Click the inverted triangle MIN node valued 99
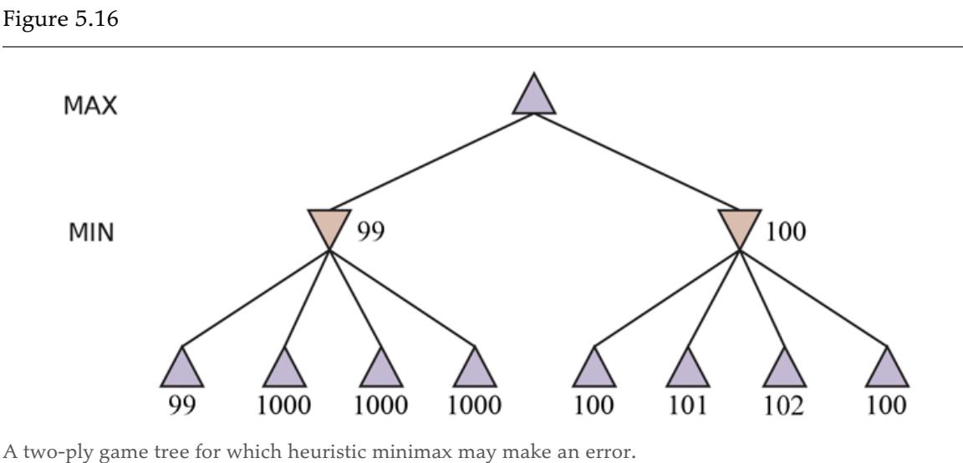(x=329, y=226)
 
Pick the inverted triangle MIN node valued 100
(x=739, y=226)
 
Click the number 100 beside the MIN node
(x=784, y=231)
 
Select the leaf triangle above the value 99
(x=181, y=369)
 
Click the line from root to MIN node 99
(x=431, y=162)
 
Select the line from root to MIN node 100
(x=637, y=162)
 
